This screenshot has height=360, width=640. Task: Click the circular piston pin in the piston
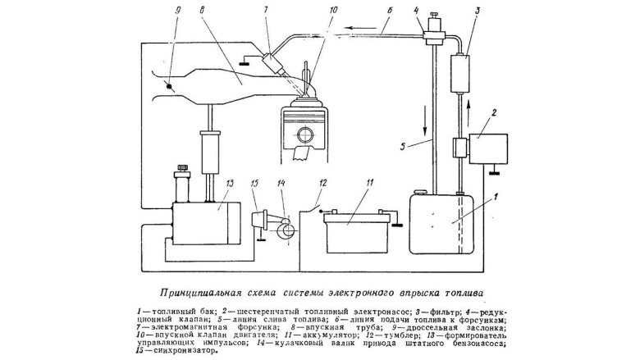pos(309,134)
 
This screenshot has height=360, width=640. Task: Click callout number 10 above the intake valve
pos(308,11)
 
